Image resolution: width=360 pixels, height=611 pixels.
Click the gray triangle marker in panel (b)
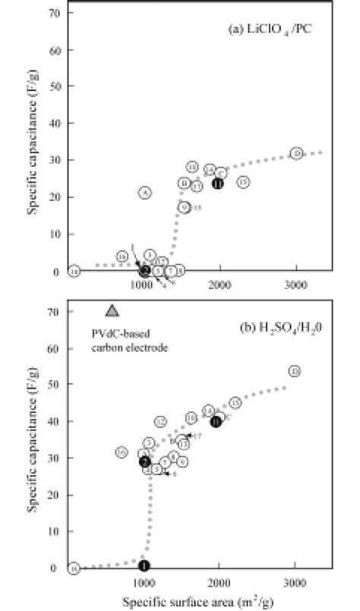coord(112,310)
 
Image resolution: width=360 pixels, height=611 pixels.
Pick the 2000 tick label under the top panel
coord(219,284)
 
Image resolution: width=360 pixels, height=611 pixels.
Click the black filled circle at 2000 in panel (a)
coord(218,184)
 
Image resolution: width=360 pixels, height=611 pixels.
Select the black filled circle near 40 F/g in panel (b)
coord(216,422)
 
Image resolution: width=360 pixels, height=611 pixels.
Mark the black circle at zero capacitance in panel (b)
coord(144,565)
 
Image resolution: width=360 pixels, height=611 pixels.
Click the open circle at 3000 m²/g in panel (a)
coord(296,153)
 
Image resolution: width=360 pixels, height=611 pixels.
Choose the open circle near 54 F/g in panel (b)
coord(295,371)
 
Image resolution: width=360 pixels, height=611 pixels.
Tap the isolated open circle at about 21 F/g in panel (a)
coord(145,193)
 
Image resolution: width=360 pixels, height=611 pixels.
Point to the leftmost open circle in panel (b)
coord(73,568)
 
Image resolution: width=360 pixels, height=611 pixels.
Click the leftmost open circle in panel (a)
coord(73,271)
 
